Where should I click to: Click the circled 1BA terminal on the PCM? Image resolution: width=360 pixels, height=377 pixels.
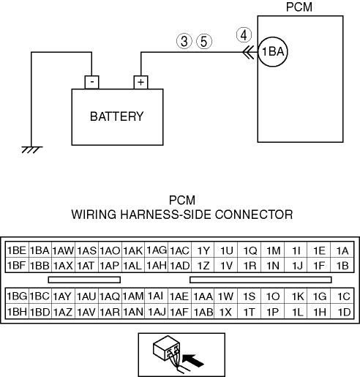[273, 52]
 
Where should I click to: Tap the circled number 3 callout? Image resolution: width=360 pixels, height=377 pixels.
[184, 41]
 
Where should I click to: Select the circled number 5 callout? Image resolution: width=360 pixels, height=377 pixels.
[204, 41]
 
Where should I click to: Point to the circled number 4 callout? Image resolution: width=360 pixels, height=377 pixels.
[244, 35]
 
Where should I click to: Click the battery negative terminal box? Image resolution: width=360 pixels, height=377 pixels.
[91, 82]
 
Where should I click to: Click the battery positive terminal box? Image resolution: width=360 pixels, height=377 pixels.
[140, 82]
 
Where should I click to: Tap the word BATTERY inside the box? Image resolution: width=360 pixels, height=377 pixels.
[117, 116]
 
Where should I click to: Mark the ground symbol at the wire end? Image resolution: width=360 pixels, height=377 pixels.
[32, 149]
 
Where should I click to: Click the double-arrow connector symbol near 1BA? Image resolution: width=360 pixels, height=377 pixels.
[249, 52]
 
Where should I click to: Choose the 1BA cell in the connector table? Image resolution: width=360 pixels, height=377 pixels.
[40, 250]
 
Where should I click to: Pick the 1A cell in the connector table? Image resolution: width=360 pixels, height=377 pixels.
[342, 250]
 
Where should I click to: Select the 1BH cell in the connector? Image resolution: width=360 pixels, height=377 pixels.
[17, 311]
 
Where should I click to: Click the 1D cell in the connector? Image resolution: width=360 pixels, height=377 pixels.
[342, 311]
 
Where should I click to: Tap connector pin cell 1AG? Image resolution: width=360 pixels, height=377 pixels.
[156, 250]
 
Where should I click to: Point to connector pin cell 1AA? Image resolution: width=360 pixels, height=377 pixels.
[203, 296]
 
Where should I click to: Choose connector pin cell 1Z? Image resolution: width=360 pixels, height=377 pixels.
[203, 265]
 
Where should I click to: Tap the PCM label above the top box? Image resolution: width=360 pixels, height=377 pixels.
[299, 7]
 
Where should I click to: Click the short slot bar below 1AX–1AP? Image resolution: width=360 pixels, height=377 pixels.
[84, 280]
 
